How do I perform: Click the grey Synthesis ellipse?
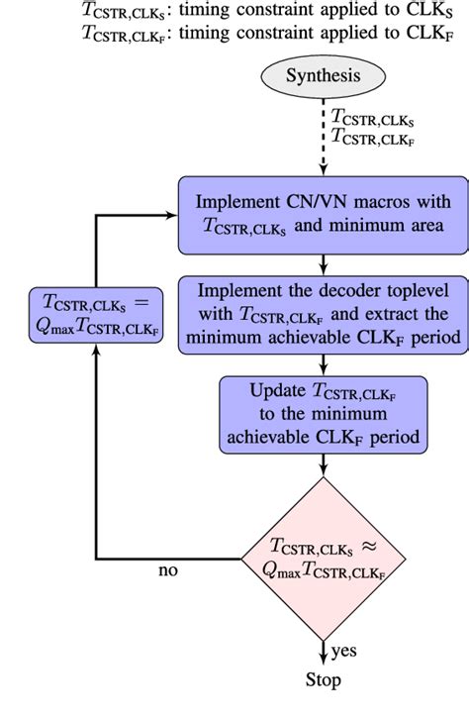point(323,76)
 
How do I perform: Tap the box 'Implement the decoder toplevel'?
point(323,313)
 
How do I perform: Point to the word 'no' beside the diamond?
point(169,571)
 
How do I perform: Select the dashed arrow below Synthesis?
point(323,138)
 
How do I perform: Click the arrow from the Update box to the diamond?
point(323,462)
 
